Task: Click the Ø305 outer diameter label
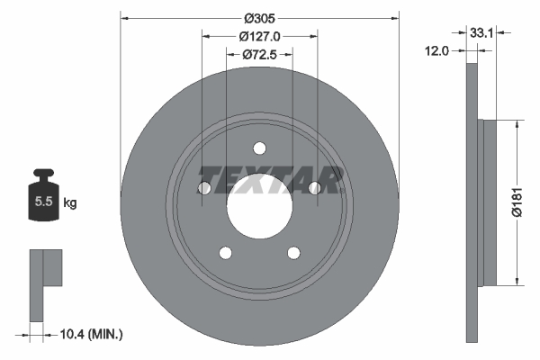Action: [259, 16]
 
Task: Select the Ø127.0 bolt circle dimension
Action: [259, 36]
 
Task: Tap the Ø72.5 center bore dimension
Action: [259, 55]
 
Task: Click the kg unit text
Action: [70, 203]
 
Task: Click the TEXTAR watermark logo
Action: [270, 180]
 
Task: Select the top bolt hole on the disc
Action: [259, 148]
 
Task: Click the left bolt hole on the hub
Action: [203, 188]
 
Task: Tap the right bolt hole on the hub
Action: [315, 188]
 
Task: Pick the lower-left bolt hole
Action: [225, 254]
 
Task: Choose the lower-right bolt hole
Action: [293, 254]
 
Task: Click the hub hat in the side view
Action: [490, 202]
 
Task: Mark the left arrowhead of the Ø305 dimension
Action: [124, 16]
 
